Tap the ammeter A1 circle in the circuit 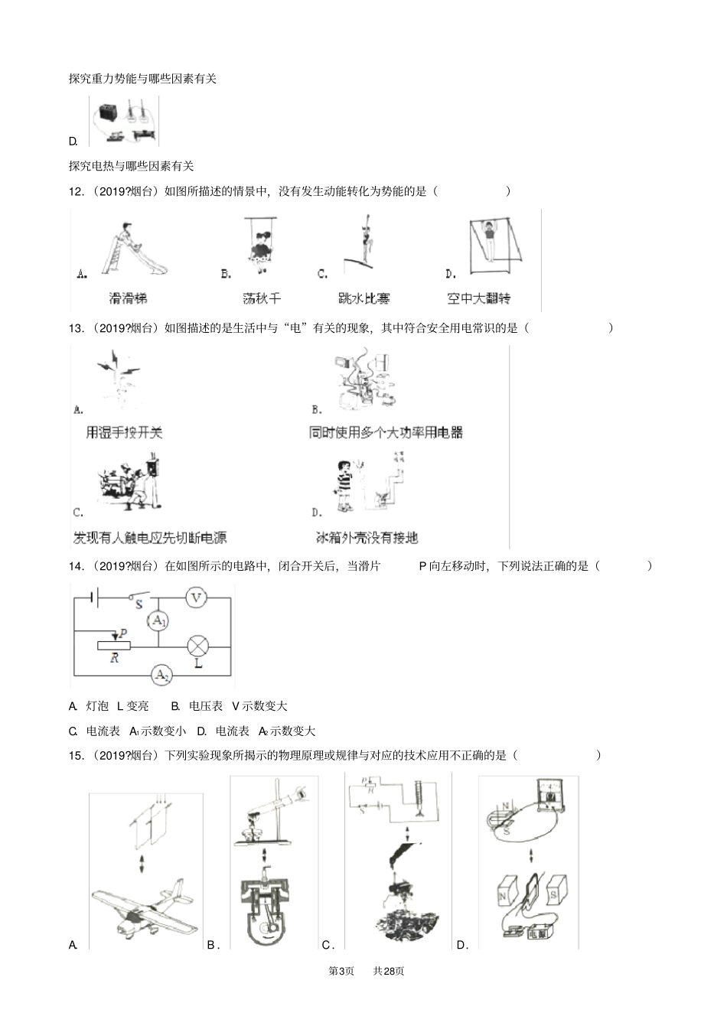[x=158, y=621]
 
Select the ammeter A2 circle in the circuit [x=161, y=675]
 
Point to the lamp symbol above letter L [x=197, y=646]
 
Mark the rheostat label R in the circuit [x=114, y=658]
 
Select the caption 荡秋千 [x=262, y=298]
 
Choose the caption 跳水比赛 [x=363, y=298]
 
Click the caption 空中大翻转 [x=479, y=298]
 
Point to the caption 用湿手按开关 [x=125, y=432]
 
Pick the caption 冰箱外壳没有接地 [x=367, y=537]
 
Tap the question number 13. [x=76, y=328]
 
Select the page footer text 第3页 [x=341, y=971]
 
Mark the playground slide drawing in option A [x=133, y=249]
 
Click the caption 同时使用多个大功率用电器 [x=386, y=432]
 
